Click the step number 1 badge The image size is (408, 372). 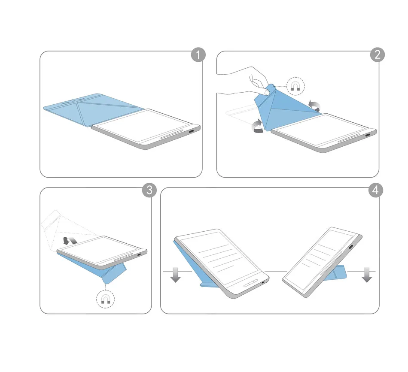(198, 55)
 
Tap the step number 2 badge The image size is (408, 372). (377, 54)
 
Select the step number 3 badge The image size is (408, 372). (149, 190)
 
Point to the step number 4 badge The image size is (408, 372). (375, 190)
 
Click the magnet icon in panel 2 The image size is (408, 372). (295, 86)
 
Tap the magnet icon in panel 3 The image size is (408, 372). (105, 299)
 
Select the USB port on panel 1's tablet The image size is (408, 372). (192, 132)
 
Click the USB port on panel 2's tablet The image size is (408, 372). (367, 135)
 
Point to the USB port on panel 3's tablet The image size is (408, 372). (139, 254)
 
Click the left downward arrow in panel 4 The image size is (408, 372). (176, 275)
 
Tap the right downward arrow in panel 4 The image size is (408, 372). (367, 275)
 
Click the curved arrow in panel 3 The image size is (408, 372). (70, 240)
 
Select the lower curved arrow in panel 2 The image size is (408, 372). (258, 126)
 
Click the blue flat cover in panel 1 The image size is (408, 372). (91, 109)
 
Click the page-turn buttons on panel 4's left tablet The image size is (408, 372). (250, 283)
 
